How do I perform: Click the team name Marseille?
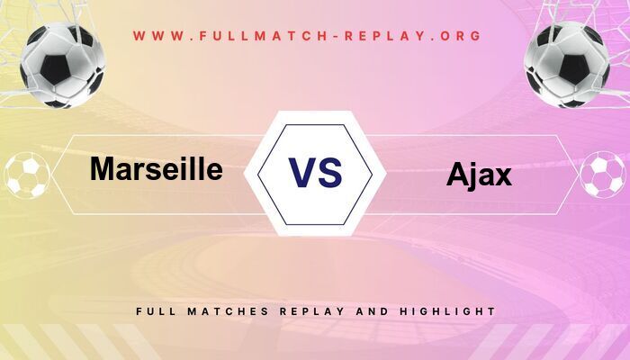click(x=156, y=168)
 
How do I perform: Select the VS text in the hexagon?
click(x=315, y=172)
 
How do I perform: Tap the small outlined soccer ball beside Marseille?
click(x=27, y=175)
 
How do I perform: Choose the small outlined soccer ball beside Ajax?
click(x=603, y=175)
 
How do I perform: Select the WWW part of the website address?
click(x=156, y=36)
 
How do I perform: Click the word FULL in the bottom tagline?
click(x=154, y=310)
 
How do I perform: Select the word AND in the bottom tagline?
click(x=371, y=310)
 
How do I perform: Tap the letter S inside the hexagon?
click(x=329, y=172)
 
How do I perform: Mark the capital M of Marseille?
click(x=102, y=168)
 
